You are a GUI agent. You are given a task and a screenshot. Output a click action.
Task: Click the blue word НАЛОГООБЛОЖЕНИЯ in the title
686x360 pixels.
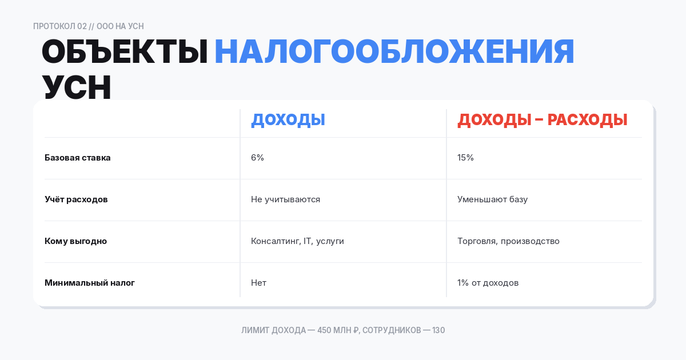[394, 52]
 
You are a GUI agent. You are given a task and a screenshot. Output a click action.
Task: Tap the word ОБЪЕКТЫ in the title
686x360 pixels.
[124, 52]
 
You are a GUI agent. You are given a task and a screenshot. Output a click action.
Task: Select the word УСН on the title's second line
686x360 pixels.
[77, 87]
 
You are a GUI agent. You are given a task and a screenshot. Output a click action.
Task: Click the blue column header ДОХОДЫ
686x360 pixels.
[288, 120]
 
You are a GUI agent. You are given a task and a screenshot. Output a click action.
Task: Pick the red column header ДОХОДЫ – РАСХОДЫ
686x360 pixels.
[543, 120]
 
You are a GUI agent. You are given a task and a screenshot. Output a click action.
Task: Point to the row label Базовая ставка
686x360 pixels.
[78, 158]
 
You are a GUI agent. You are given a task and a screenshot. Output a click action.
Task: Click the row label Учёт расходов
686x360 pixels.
[76, 199]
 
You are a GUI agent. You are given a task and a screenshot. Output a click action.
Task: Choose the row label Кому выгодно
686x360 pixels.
[75, 241]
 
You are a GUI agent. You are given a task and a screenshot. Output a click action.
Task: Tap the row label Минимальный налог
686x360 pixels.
[90, 283]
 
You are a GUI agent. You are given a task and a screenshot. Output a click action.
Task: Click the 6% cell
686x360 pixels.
[257, 158]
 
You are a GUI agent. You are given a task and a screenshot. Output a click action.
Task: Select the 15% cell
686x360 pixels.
[465, 158]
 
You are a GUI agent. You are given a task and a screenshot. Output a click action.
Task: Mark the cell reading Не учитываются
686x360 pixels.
[285, 199]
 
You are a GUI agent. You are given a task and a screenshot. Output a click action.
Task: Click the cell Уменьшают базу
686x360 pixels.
[492, 199]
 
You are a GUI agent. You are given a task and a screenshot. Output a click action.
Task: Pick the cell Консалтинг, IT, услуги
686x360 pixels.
[297, 241]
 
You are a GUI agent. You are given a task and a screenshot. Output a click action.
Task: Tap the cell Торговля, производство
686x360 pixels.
[508, 241]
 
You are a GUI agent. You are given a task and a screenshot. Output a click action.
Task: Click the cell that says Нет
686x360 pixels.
[258, 283]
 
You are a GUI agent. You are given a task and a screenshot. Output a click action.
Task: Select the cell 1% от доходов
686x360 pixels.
[488, 283]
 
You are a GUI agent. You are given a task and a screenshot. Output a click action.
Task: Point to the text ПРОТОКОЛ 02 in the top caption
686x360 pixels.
[60, 26]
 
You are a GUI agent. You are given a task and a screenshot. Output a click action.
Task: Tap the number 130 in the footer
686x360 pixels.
[438, 330]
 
